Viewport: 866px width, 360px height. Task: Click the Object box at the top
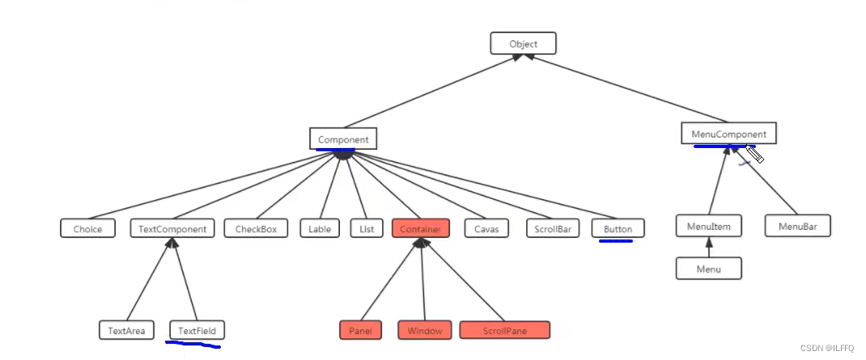coord(523,44)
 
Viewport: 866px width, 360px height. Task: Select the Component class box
coord(343,139)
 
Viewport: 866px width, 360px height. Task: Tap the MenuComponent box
coord(728,133)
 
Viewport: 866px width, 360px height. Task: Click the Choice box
coord(87,229)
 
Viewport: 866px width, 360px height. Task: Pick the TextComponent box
coord(172,229)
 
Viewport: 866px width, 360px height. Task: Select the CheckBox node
coord(256,229)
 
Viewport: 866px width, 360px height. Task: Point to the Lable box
coord(320,229)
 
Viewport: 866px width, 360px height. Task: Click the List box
coord(367,229)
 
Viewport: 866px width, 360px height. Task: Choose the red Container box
coord(420,229)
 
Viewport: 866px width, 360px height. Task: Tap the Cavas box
coord(487,229)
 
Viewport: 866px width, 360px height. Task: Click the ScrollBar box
coord(552,229)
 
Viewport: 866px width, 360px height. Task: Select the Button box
coord(618,229)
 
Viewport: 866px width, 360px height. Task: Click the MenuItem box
coord(709,227)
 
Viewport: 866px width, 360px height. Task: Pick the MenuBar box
coord(797,227)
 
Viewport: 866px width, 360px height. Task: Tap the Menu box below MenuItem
coord(709,269)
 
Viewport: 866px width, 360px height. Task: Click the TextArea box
coord(127,330)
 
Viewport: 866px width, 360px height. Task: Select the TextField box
coord(197,330)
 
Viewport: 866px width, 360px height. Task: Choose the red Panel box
coord(360,330)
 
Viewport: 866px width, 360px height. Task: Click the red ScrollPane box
coord(504,330)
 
